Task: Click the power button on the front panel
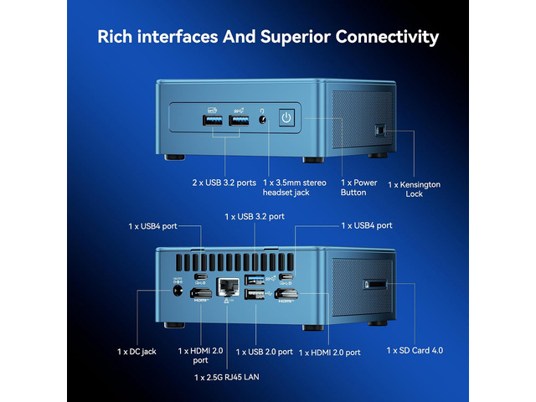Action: click(286, 118)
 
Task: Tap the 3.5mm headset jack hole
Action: click(262, 120)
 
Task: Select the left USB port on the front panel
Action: click(212, 121)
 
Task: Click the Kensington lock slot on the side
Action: click(379, 130)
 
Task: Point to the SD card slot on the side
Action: click(375, 285)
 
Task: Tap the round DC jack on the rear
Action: click(178, 291)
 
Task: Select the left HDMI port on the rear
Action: click(201, 293)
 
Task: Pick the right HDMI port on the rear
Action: click(286, 293)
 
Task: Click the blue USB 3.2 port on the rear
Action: click(255, 280)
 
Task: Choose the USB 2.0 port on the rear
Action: click(255, 294)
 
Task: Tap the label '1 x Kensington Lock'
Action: click(415, 189)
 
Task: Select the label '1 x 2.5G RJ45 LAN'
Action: click(227, 377)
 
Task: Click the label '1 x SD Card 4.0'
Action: click(415, 350)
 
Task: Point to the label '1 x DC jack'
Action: click(137, 352)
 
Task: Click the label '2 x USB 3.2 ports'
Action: click(224, 183)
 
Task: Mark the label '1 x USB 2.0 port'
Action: click(265, 352)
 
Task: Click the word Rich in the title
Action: click(115, 37)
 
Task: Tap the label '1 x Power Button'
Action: click(359, 188)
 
